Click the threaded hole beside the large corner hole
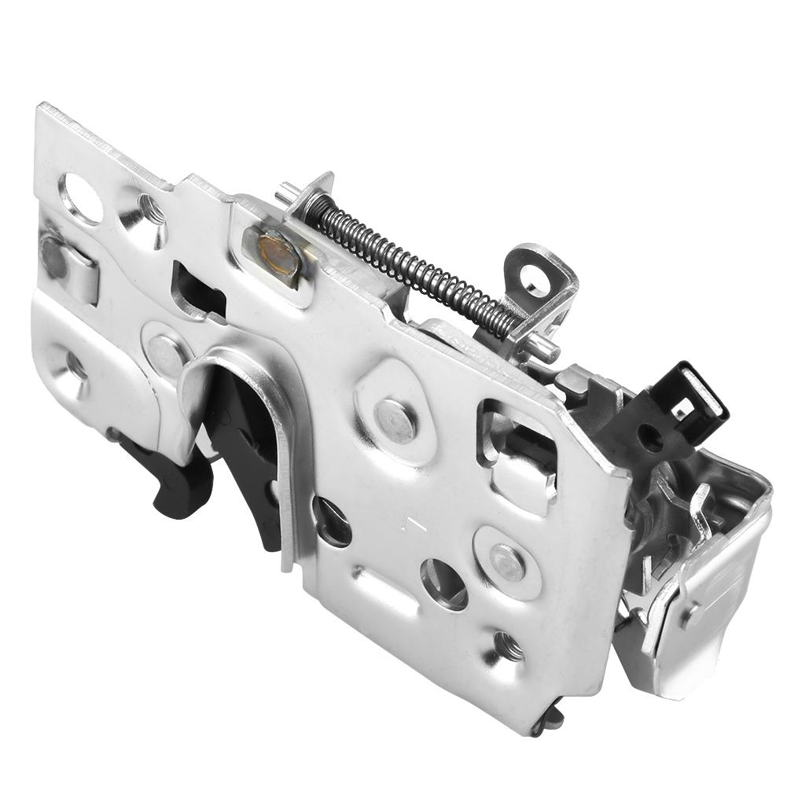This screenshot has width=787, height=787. click(x=146, y=211)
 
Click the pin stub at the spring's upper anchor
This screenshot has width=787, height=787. click(x=288, y=189)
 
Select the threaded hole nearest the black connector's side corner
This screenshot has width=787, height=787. click(x=506, y=645)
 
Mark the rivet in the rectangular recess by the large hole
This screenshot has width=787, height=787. click(x=55, y=256)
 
